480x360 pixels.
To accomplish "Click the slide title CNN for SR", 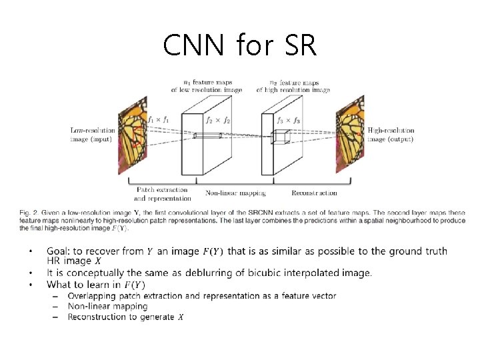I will (x=240, y=45).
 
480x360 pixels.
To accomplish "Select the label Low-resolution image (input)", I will (x=93, y=135).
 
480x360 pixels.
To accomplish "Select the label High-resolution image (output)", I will (x=391, y=135).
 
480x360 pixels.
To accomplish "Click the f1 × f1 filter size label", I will (x=159, y=120).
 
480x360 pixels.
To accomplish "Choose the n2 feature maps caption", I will (x=294, y=85).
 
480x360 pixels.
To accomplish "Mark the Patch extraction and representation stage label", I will (x=163, y=193).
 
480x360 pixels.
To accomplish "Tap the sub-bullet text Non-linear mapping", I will (x=107, y=306).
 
